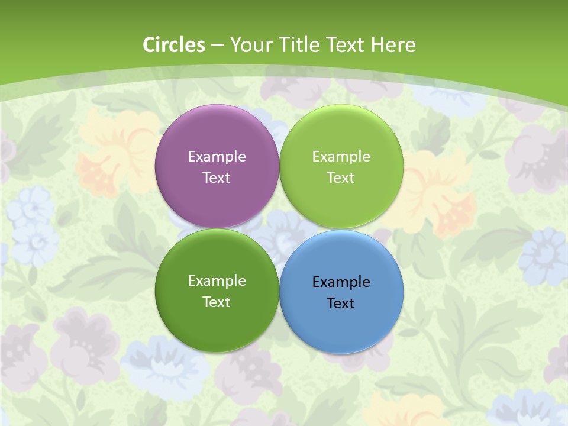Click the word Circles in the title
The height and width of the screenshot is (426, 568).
pyautogui.click(x=174, y=45)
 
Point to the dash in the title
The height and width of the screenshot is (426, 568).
pyautogui.click(x=217, y=46)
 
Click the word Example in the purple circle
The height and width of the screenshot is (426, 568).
pyautogui.click(x=217, y=157)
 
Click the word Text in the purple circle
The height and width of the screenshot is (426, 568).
pyautogui.click(x=217, y=177)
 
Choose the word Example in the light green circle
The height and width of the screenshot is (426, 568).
pyautogui.click(x=341, y=157)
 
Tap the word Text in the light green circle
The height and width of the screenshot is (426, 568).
pyautogui.click(x=341, y=177)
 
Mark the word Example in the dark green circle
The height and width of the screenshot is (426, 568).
pyautogui.click(x=217, y=281)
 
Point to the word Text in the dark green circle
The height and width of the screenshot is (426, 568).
pyautogui.click(x=217, y=302)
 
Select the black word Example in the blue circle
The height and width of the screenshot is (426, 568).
pyautogui.click(x=341, y=282)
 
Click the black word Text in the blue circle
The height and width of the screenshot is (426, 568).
pyautogui.click(x=341, y=303)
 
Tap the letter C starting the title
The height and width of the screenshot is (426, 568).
pyautogui.click(x=149, y=45)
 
